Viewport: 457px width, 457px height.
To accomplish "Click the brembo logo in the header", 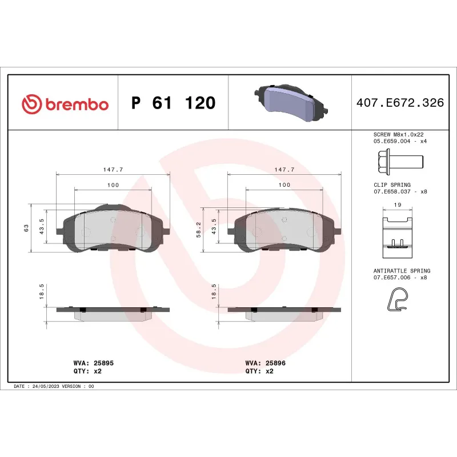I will tap(65, 104).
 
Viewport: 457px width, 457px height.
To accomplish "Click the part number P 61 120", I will tap(173, 103).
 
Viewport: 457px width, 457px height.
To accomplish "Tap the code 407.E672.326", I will tap(399, 103).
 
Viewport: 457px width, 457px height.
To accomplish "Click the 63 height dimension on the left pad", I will tap(26, 228).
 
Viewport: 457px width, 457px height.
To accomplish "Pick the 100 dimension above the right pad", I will tap(284, 185).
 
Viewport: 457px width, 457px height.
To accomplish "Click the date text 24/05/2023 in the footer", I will tap(45, 386).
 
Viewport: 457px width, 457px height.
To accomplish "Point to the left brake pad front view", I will tap(113, 230).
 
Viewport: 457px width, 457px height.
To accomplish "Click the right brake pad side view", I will tap(284, 312).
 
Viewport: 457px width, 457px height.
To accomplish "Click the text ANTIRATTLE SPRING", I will tap(402, 270).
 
